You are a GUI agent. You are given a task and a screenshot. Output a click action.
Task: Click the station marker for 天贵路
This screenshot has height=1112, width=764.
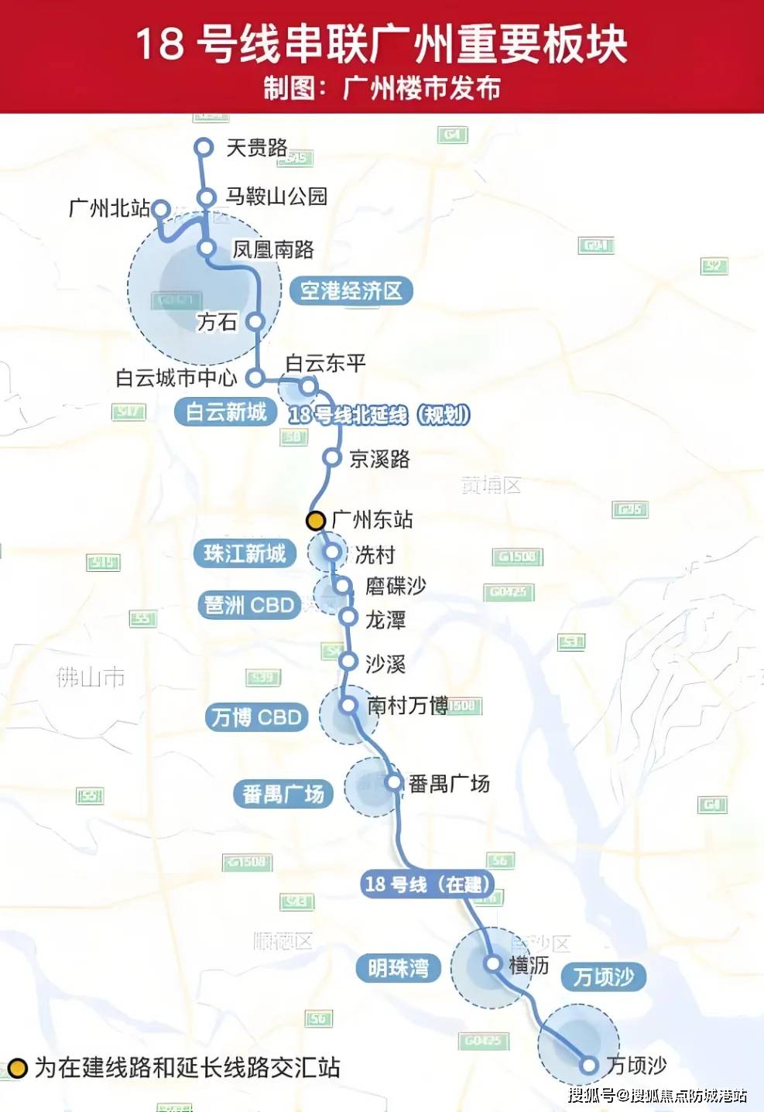pyautogui.click(x=204, y=147)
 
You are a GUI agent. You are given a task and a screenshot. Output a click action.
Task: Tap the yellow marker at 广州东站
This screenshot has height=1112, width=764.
pyautogui.click(x=316, y=521)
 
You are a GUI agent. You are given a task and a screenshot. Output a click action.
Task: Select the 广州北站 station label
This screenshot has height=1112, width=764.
pyautogui.click(x=109, y=208)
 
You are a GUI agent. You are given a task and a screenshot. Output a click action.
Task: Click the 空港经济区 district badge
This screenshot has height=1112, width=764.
pyautogui.click(x=351, y=291)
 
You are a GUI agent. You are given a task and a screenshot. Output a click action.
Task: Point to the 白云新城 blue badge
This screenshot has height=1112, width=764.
pyautogui.click(x=226, y=412)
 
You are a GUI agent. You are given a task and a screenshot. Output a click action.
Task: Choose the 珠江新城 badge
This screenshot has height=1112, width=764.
pyautogui.click(x=245, y=554)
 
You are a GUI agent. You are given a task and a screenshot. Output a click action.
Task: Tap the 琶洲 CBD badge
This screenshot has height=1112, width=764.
pyautogui.click(x=249, y=605)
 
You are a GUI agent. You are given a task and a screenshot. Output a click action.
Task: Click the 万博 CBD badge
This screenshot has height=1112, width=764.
pyautogui.click(x=256, y=717)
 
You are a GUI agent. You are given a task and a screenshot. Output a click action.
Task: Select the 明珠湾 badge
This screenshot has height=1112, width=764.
pyautogui.click(x=398, y=968)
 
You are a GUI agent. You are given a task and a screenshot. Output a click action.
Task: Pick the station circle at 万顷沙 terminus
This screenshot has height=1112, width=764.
pyautogui.click(x=589, y=1065)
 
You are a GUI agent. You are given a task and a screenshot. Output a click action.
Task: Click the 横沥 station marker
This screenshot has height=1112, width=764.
pyautogui.click(x=492, y=963)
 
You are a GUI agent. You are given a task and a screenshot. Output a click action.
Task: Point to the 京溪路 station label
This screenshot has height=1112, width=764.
pyautogui.click(x=379, y=460)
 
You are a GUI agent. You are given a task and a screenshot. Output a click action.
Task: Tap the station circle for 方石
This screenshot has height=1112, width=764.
pyautogui.click(x=255, y=322)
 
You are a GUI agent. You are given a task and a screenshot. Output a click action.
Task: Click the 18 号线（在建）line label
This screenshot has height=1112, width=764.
pyautogui.click(x=427, y=884)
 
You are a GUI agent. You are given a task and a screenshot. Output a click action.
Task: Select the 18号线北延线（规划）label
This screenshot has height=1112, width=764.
pyautogui.click(x=379, y=416)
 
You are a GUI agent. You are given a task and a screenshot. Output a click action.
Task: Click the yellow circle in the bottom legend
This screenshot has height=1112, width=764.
pyautogui.click(x=17, y=1069)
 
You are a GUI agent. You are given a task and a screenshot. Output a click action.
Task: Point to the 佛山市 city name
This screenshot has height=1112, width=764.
pyautogui.click(x=91, y=678)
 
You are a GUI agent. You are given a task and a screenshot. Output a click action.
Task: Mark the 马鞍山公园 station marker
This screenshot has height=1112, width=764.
pyautogui.click(x=206, y=198)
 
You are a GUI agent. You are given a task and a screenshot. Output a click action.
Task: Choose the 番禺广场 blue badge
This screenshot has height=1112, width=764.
pyautogui.click(x=283, y=794)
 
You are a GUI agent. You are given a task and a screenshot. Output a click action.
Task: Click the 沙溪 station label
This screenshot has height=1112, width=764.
pyautogui.click(x=385, y=663)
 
